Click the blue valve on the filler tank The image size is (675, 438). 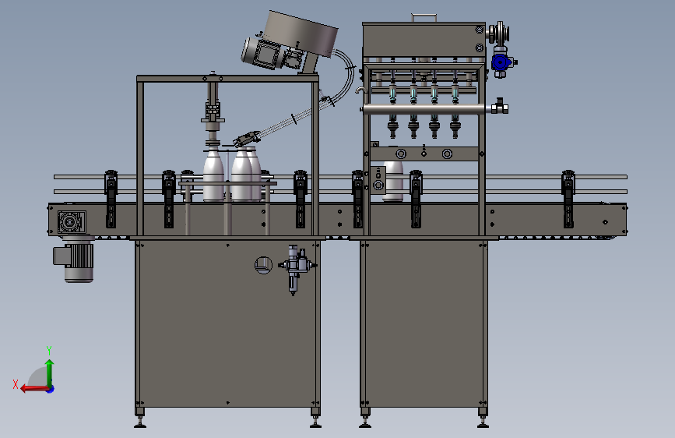(501, 63)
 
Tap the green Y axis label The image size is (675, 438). (49, 350)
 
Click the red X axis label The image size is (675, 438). (16, 384)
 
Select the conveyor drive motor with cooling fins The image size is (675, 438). (74, 261)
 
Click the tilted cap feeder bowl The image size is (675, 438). (301, 34)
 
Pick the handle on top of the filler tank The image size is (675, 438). (424, 17)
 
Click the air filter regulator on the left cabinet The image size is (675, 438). (295, 268)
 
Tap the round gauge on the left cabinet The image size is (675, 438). (263, 265)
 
